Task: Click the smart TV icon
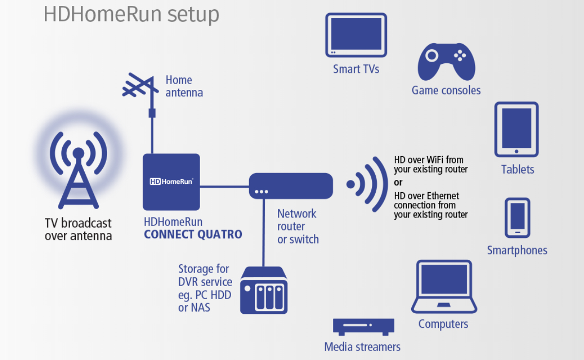356,35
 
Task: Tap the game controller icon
446,62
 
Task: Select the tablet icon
516,129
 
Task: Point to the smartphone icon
517,218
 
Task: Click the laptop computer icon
444,287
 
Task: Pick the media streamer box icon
363,326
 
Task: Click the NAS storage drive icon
264,290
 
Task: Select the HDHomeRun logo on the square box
172,181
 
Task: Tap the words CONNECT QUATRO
193,234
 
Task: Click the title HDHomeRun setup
131,14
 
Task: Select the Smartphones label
517,250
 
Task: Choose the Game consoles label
446,90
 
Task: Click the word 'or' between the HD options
398,183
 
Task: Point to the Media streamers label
362,347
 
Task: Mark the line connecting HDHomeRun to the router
224,186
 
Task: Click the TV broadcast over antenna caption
78,230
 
